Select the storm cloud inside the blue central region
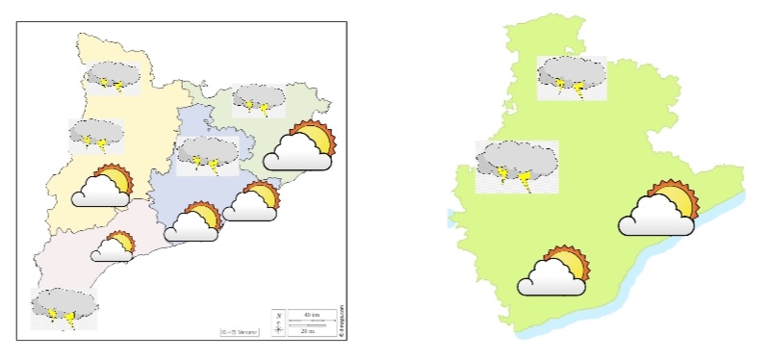click(208, 153)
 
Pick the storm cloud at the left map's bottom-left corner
click(64, 307)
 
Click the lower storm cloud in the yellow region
click(96, 136)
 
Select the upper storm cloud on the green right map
click(572, 76)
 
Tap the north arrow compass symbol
click(278, 322)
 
